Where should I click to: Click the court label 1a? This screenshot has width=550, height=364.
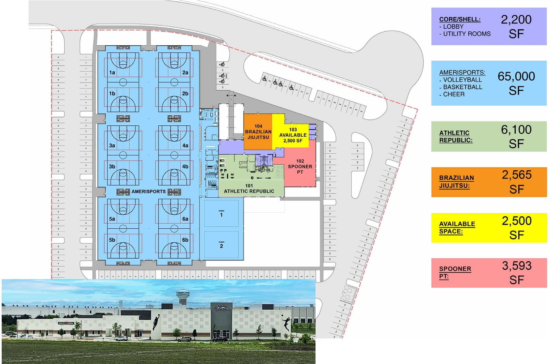(x=112, y=73)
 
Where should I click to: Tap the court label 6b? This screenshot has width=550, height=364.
(x=185, y=240)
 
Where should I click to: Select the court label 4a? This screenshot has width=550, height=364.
(x=185, y=146)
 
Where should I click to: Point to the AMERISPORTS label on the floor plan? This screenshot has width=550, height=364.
(x=148, y=192)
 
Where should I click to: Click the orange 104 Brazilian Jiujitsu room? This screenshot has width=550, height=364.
(x=258, y=132)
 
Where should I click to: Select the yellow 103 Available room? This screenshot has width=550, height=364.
(x=293, y=135)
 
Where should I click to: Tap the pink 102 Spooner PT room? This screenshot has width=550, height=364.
(x=300, y=167)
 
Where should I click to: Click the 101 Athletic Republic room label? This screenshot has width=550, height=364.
(x=249, y=189)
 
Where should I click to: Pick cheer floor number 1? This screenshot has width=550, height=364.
(x=221, y=215)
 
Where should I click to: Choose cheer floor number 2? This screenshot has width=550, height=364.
(x=221, y=246)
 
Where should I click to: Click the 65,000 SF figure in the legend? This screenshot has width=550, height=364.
(x=516, y=83)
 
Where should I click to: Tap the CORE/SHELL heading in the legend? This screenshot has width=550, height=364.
(x=459, y=19)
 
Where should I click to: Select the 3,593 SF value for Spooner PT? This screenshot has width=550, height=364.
(x=516, y=273)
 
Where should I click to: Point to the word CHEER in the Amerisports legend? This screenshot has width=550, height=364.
(x=454, y=94)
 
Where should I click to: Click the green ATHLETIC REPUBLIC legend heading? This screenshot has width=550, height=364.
(x=455, y=136)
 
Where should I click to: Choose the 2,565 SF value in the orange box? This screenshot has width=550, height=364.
(x=516, y=182)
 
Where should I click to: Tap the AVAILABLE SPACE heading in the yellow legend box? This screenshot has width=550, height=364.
(x=457, y=227)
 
